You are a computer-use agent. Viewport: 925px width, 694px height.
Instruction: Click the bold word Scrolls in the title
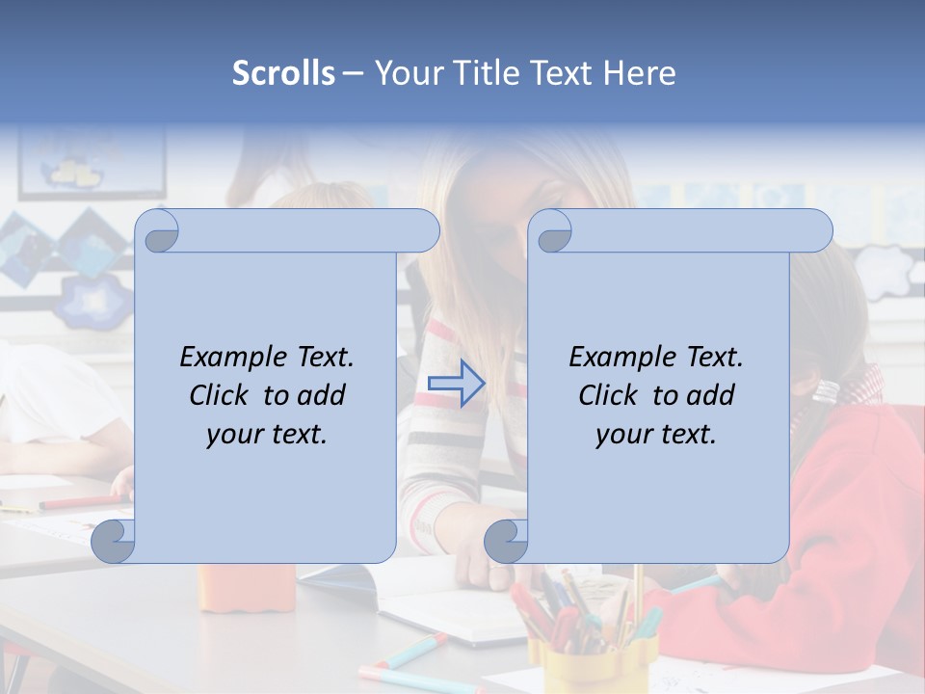click(283, 73)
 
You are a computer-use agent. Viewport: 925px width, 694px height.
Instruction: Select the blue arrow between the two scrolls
click(457, 383)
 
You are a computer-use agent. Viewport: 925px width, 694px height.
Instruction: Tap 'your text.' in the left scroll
click(267, 434)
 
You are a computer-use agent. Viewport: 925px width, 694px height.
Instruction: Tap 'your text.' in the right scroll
click(656, 434)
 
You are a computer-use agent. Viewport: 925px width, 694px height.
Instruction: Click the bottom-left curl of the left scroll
click(114, 542)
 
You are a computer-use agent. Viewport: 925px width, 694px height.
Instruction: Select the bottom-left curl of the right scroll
click(506, 542)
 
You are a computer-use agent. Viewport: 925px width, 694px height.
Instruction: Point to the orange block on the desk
click(247, 587)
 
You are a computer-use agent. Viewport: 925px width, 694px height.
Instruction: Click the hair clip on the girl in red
click(826, 390)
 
